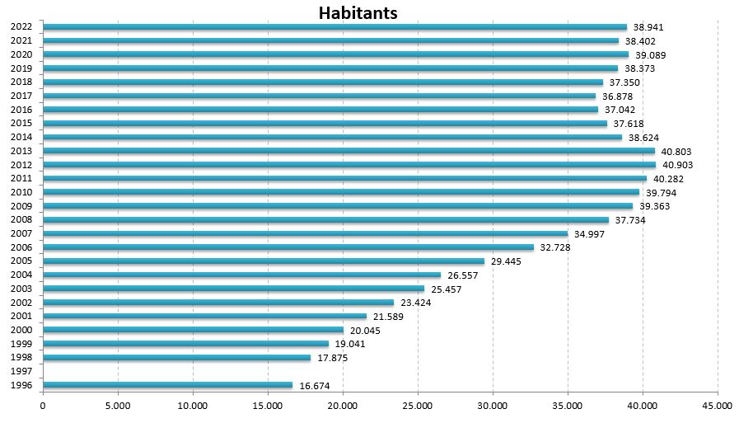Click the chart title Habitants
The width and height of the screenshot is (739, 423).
(x=358, y=13)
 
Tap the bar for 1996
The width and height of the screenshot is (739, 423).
(x=167, y=385)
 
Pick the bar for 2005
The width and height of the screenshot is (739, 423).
(x=263, y=261)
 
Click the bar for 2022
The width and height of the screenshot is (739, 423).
(x=334, y=27)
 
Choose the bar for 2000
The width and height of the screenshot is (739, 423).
(x=193, y=330)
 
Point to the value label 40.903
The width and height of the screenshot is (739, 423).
(x=677, y=165)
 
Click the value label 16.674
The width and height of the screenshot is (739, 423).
(x=315, y=386)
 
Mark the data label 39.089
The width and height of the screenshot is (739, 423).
(x=650, y=55)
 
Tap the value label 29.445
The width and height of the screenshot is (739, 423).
(x=506, y=261)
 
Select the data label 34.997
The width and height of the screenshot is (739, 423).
(x=590, y=234)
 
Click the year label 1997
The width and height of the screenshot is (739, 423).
(x=21, y=372)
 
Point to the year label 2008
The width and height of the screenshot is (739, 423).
(x=21, y=220)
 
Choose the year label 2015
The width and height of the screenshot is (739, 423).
(x=21, y=124)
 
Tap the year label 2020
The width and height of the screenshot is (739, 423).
(x=21, y=54)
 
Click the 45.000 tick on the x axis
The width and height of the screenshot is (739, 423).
(x=717, y=406)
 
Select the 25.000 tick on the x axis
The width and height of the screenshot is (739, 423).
(x=417, y=406)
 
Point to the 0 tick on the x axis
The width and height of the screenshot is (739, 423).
(x=43, y=406)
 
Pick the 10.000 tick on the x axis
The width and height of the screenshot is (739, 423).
(x=193, y=406)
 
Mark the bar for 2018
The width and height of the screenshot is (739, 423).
(x=323, y=82)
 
